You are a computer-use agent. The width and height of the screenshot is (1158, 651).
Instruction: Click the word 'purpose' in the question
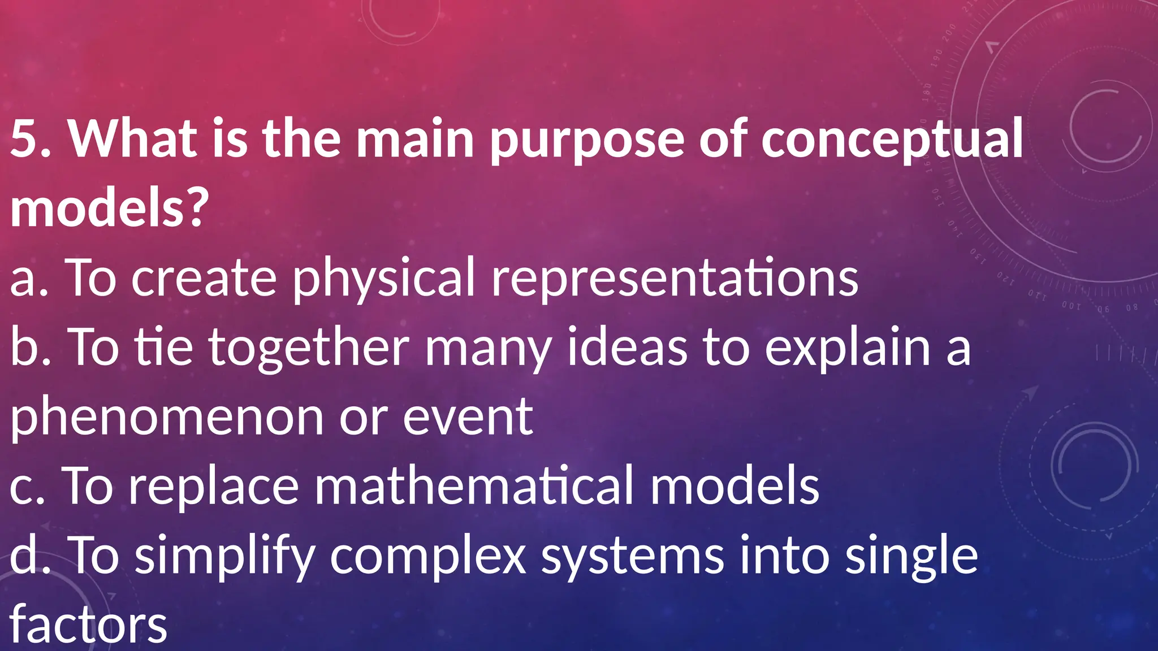(x=587, y=140)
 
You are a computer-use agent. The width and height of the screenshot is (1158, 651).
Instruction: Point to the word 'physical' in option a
(x=383, y=279)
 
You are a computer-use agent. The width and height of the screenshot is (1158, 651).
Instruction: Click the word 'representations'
(x=675, y=278)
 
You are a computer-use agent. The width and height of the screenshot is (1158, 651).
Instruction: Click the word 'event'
(x=467, y=417)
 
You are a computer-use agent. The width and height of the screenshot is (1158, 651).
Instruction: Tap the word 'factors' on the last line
(x=89, y=625)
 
